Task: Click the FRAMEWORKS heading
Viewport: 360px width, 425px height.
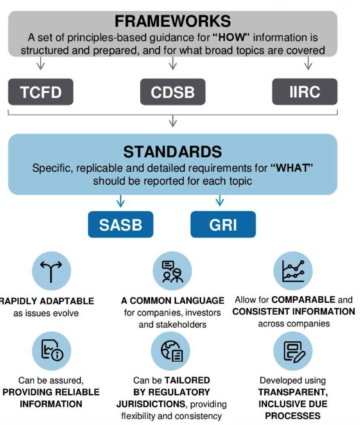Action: coord(173,21)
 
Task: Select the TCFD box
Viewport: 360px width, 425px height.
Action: coord(41,92)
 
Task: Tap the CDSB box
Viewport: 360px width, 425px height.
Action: coord(173,92)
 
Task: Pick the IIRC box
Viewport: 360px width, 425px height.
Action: coord(305,92)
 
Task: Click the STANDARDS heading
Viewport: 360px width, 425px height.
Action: coord(173,152)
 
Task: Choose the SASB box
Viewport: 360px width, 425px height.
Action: coord(121,224)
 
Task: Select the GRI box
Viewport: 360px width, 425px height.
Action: coord(223,224)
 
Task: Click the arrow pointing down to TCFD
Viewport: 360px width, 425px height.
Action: coord(41,63)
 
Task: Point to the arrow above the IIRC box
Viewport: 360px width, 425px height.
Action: coord(308,63)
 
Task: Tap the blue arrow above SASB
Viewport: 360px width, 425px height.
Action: coord(121,201)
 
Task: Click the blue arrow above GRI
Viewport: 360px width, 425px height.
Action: coord(220,201)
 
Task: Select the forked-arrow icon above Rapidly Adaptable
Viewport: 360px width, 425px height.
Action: coord(51,271)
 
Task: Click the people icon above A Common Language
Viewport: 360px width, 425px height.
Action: coord(172,271)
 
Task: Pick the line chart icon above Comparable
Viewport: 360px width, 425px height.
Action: coord(293,271)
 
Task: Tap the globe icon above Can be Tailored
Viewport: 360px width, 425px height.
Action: coord(172,351)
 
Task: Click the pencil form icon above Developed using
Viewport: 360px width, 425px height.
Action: coord(294,352)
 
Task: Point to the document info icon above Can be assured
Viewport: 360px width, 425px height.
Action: coord(52,350)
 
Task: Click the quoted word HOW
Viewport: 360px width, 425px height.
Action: coord(231,37)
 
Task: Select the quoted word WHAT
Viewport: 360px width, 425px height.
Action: coord(292,168)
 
